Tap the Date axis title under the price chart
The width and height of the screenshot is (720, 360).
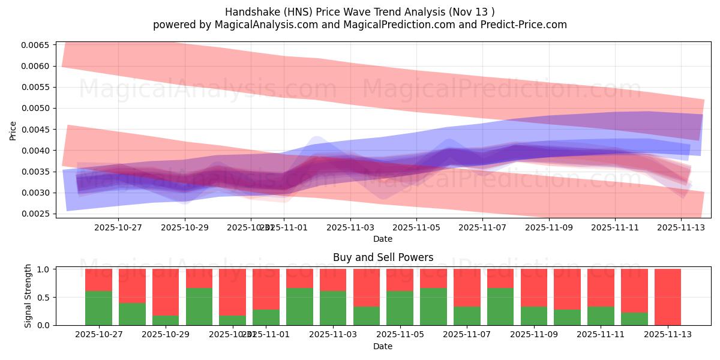383,239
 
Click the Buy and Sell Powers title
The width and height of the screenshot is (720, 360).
383,258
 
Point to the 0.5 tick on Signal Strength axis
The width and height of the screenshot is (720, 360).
46,298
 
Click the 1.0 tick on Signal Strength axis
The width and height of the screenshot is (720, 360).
46,269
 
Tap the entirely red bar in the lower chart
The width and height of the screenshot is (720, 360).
667,297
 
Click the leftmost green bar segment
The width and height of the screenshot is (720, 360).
98,308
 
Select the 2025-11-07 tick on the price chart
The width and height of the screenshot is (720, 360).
482,227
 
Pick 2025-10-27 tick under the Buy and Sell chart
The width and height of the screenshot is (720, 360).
98,335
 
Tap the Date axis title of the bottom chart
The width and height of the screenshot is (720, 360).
383,346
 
